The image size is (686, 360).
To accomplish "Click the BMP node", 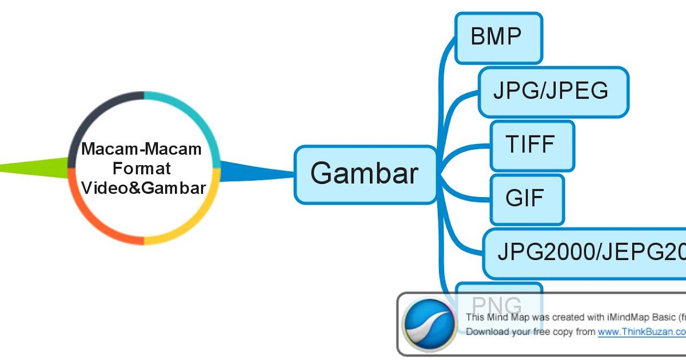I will pyautogui.click(x=498, y=38).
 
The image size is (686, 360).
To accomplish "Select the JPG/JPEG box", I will pyautogui.click(x=552, y=92).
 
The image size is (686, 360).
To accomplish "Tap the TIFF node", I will pyautogui.click(x=532, y=145).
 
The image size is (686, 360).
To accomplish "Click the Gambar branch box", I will pyautogui.click(x=365, y=174).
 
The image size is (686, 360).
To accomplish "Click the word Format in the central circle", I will pyautogui.click(x=142, y=169).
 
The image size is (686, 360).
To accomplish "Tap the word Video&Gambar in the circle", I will pyautogui.click(x=143, y=187).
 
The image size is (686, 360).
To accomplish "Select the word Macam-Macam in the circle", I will pyautogui.click(x=142, y=150).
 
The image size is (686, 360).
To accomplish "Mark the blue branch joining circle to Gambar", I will pyautogui.click(x=252, y=171).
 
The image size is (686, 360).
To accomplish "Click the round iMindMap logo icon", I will pyautogui.click(x=429, y=325).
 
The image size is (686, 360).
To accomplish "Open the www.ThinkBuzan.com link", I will pyautogui.click(x=640, y=331).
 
